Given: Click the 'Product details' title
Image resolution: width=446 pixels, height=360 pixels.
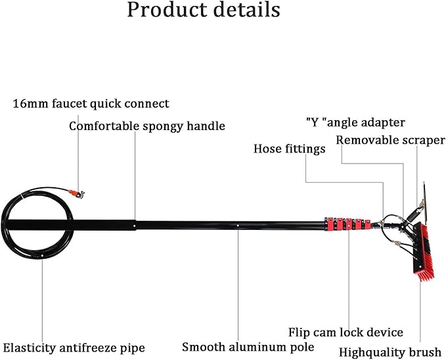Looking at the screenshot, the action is pyautogui.click(x=204, y=10).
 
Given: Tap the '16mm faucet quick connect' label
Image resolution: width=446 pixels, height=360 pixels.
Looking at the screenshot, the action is pyautogui.click(x=91, y=104).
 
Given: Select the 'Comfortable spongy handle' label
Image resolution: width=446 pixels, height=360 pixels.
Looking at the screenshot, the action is pyautogui.click(x=147, y=126).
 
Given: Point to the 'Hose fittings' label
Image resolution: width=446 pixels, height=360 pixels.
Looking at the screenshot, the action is pyautogui.click(x=289, y=149).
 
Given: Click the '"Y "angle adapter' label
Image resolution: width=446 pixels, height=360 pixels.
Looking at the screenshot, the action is pyautogui.click(x=355, y=123).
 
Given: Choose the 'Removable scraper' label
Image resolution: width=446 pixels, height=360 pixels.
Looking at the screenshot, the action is pyautogui.click(x=390, y=140).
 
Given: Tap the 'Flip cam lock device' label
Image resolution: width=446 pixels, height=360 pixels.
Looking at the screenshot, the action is pyautogui.click(x=346, y=332).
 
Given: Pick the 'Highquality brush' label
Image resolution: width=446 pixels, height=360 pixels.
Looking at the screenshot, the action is pyautogui.click(x=390, y=352).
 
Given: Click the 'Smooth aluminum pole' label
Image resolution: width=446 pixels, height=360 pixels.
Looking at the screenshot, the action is pyautogui.click(x=248, y=348).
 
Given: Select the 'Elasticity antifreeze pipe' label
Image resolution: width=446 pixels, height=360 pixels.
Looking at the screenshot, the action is pyautogui.click(x=74, y=348).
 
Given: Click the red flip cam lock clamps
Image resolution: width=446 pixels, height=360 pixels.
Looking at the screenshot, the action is pyautogui.click(x=347, y=223).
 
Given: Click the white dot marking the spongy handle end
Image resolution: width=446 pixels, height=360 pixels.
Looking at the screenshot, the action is pyautogui.click(x=135, y=225).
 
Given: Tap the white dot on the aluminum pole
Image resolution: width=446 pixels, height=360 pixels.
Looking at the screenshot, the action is pyautogui.click(x=238, y=225).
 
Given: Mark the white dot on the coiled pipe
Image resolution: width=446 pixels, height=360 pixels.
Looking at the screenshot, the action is pyautogui.click(x=42, y=256).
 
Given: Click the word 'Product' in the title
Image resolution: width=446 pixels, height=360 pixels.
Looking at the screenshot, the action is pyautogui.click(x=167, y=10).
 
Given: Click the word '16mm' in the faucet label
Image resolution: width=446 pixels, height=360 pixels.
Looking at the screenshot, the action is pyautogui.click(x=31, y=104).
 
